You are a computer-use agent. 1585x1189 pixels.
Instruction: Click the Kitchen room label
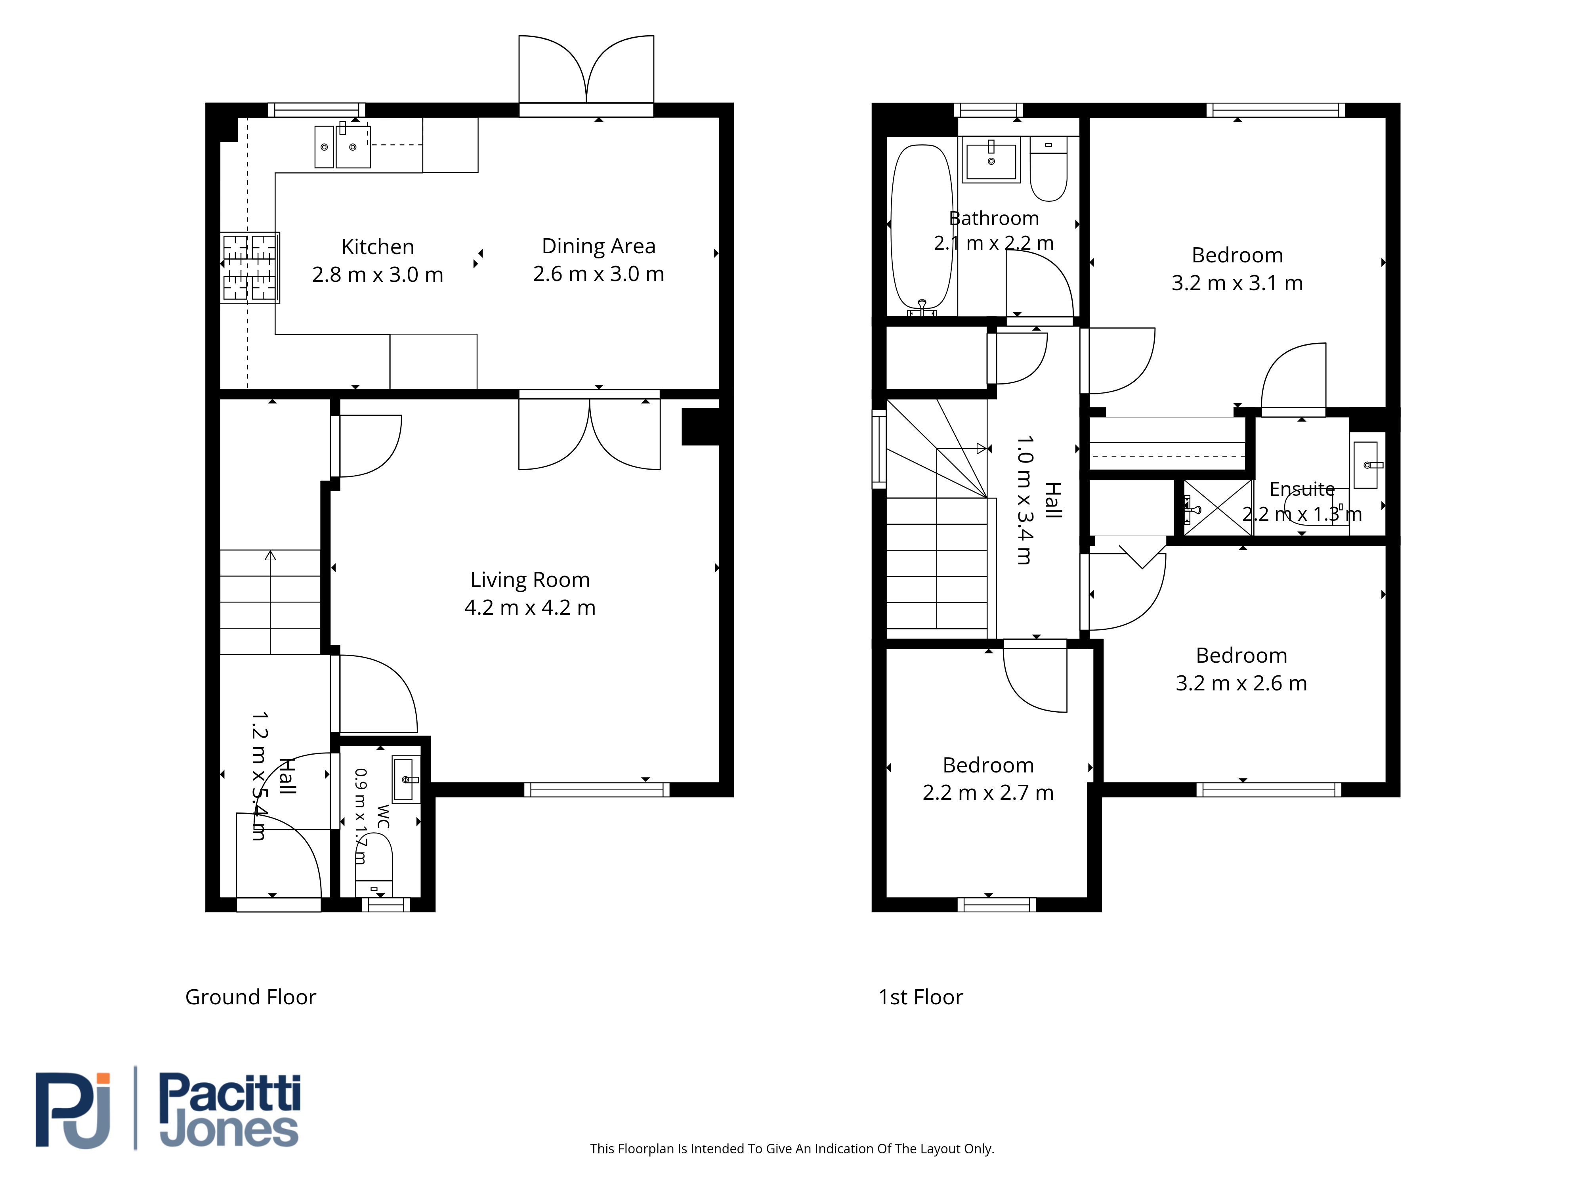(x=378, y=247)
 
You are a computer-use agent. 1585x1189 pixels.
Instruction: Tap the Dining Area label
(x=598, y=246)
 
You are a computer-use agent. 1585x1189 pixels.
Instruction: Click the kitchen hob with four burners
(x=249, y=268)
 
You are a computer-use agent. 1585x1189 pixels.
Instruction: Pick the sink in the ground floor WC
(x=406, y=779)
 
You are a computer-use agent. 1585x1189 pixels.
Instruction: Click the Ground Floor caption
(x=251, y=997)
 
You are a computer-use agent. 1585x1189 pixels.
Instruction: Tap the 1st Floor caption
(x=921, y=997)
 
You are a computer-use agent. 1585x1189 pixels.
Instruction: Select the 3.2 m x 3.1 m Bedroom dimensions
(x=1237, y=283)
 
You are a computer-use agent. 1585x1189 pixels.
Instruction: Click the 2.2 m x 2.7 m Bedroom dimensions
(x=988, y=793)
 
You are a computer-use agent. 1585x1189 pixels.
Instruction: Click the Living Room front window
(x=597, y=790)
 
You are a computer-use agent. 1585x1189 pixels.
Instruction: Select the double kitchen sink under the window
(x=342, y=146)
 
